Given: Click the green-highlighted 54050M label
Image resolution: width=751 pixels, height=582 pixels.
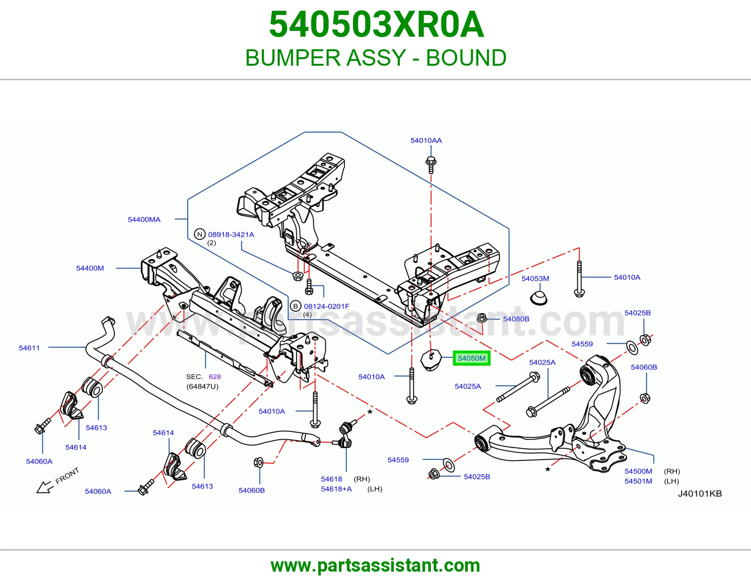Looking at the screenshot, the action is [x=471, y=358].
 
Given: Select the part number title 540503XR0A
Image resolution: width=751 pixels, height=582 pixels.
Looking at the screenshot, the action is [x=376, y=24].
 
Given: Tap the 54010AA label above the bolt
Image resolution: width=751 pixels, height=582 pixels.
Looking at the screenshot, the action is [x=426, y=140].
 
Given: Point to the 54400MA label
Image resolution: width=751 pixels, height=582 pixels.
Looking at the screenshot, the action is [x=144, y=220].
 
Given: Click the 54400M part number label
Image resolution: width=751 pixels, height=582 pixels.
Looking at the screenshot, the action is [x=90, y=268].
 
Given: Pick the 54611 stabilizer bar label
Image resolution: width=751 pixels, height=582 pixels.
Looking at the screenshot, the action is [x=29, y=348].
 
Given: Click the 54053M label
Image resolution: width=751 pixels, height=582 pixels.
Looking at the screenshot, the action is [x=536, y=278].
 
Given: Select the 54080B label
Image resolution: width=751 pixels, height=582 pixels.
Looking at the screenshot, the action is [x=516, y=319].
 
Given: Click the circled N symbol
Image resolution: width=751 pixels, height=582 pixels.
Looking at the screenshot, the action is [x=200, y=234].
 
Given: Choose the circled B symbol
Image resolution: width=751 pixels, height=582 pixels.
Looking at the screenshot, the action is [x=296, y=306].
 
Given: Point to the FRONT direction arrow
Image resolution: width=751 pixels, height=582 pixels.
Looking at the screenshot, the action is [x=45, y=487].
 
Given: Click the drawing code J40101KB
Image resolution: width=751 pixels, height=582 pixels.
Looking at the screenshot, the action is [x=700, y=493].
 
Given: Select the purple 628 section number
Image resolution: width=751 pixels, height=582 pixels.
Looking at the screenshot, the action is [x=215, y=377].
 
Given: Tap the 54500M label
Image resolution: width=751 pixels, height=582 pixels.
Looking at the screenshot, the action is [x=638, y=471].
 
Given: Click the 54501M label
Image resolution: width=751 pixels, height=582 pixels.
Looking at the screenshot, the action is [x=638, y=481].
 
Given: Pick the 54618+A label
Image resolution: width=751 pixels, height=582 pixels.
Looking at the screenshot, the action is [x=336, y=489].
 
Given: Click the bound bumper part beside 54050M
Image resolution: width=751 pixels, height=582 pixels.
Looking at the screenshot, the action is [x=431, y=360].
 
